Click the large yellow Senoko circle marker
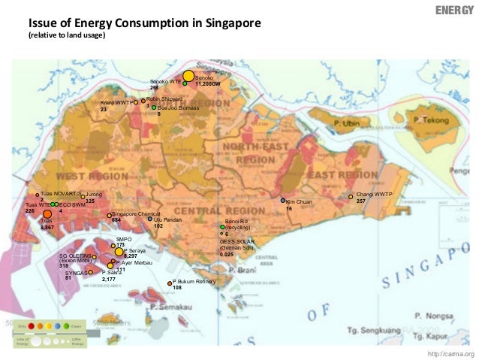point(188,77)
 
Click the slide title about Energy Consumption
point(145,23)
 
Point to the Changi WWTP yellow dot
point(351,197)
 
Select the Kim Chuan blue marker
point(283,201)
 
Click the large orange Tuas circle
point(47,215)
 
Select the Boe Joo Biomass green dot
point(154,108)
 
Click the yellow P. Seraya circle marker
point(119,252)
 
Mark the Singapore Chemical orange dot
point(110,216)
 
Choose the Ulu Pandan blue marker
point(150,219)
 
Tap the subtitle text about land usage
point(67,36)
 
